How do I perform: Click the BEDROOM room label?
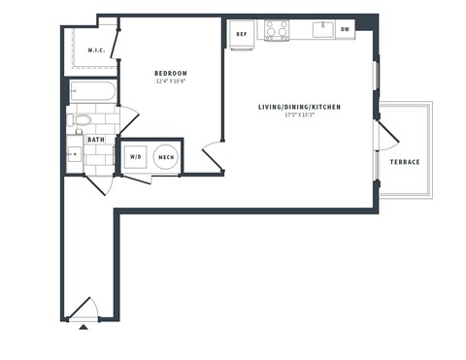[171, 74]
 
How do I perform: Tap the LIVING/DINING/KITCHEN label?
[298, 107]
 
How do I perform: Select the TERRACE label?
[405, 162]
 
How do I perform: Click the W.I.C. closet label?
[96, 50]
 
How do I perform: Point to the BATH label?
[96, 140]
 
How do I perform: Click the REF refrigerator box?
[242, 32]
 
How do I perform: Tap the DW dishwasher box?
[345, 30]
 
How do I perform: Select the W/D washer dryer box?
[134, 156]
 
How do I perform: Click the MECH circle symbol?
[166, 156]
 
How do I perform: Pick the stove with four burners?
[277, 30]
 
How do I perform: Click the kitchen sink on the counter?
[321, 29]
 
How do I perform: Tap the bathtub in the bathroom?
[92, 94]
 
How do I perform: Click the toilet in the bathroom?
[82, 120]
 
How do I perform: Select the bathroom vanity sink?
[75, 154]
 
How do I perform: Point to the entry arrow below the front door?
[83, 328]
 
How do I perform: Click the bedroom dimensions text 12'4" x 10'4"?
[171, 82]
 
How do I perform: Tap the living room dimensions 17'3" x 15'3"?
[298, 115]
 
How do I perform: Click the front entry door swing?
[83, 309]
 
